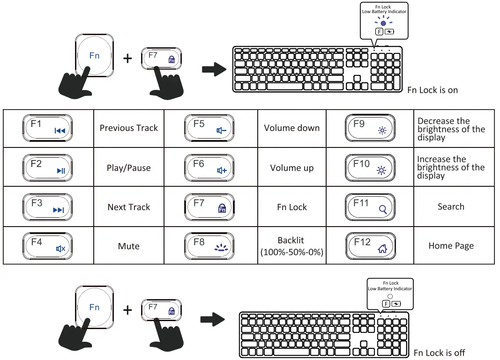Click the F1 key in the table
tap(47, 128)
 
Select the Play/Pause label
tap(128, 168)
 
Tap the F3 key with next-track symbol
tap(47, 206)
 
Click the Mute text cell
tap(128, 246)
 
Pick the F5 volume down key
tap(210, 128)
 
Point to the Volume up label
tap(291, 168)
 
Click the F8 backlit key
tap(210, 246)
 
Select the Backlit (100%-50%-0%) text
tap(291, 246)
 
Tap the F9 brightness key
tap(370, 128)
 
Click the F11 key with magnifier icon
tap(370, 206)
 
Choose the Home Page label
tap(451, 246)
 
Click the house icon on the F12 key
tap(382, 249)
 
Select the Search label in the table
tap(451, 206)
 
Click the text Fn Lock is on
tap(432, 90)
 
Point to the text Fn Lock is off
tap(439, 353)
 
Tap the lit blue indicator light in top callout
tap(383, 23)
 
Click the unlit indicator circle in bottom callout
tap(390, 296)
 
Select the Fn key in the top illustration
tap(94, 56)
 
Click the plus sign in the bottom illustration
tap(127, 310)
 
